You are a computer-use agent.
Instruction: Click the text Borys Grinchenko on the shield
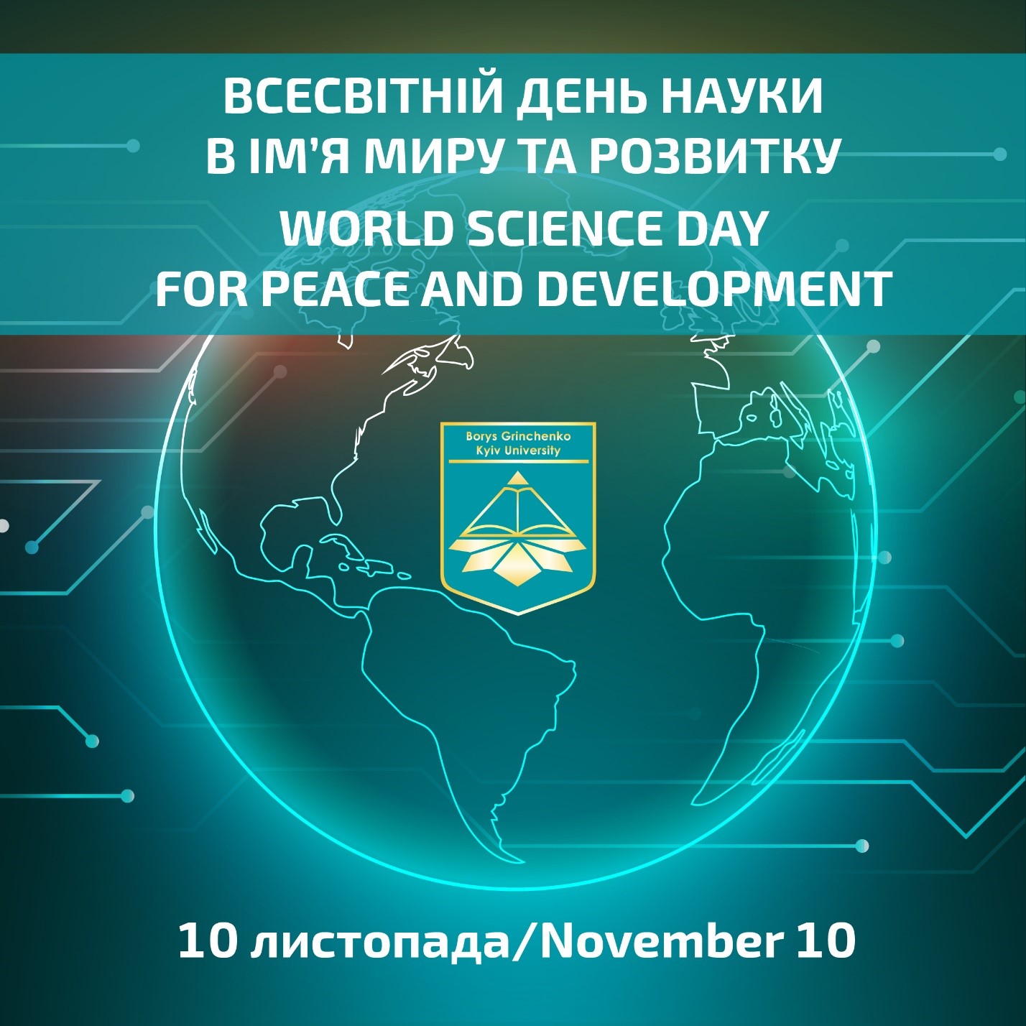(x=517, y=436)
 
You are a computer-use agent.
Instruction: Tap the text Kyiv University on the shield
(x=517, y=450)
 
